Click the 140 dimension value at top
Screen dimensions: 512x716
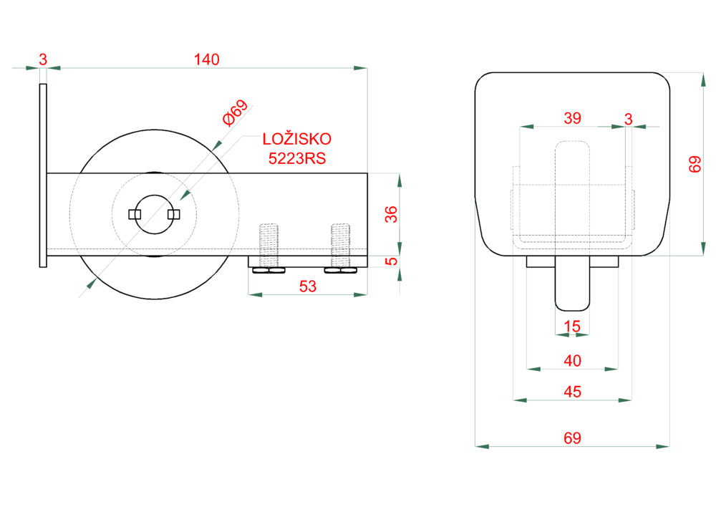[206, 60]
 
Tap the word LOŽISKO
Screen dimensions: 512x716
[297, 139]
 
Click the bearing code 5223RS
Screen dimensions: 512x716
[297, 159]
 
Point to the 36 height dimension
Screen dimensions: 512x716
[392, 213]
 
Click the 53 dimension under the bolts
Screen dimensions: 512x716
[307, 286]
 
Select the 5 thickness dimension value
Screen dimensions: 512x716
[392, 261]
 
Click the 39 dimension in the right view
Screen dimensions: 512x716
[572, 118]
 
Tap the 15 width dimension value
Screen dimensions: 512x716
[572, 327]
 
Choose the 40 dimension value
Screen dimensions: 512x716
[572, 361]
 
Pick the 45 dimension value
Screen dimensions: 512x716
[572, 392]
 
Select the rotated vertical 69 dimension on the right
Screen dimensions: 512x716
[695, 164]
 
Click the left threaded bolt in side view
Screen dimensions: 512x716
[268, 243]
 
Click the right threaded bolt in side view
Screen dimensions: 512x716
[341, 243]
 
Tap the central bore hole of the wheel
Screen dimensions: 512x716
[153, 214]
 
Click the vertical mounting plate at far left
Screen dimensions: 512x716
[43, 175]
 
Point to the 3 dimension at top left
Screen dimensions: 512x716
[42, 60]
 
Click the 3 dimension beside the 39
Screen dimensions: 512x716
[629, 118]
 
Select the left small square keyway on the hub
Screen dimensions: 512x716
[133, 214]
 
